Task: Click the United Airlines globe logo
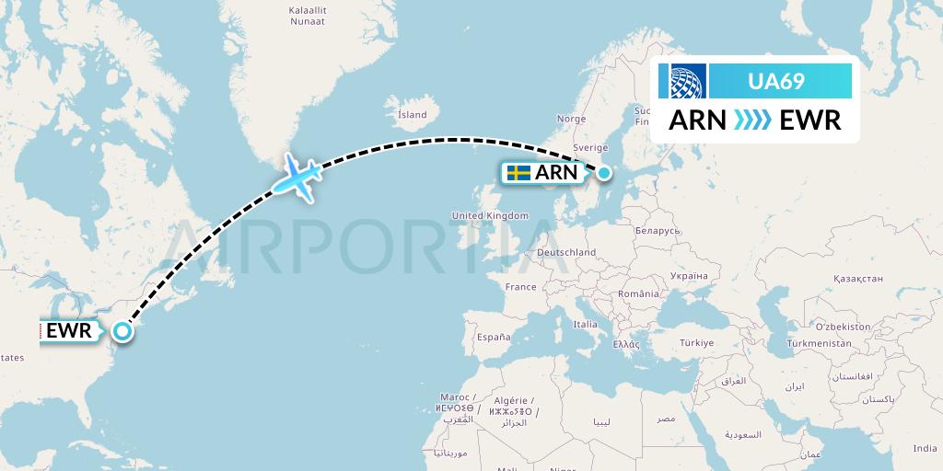688,82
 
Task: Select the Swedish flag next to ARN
518,172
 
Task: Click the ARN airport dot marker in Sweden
604,172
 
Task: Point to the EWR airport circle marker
122,332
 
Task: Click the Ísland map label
412,115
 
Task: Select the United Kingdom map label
490,215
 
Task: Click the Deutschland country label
566,252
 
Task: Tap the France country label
520,287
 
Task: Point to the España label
494,338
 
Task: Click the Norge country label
571,119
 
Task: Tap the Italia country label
585,324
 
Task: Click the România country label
639,293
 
